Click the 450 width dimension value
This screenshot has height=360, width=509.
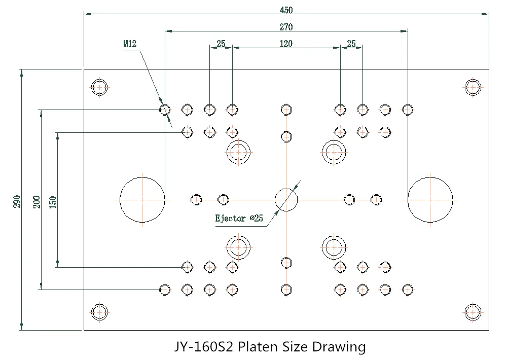286,10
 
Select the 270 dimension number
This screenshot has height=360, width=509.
286,27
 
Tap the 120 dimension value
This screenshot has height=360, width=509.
286,44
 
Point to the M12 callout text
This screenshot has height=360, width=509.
130,44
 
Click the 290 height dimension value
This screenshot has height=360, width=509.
17,202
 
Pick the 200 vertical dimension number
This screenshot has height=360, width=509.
37,202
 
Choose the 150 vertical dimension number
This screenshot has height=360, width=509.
53,202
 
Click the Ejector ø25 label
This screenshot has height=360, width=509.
239,218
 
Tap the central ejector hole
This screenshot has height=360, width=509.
286,200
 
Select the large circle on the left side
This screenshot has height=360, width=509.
142,200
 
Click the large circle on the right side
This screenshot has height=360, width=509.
430,200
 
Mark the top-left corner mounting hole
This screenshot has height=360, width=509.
99,87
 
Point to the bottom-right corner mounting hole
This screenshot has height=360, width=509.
472,313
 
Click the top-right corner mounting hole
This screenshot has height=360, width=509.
472,87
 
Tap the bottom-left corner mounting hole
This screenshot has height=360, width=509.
99,313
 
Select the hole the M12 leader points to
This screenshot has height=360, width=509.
165,110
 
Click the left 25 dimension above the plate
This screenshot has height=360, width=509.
221,44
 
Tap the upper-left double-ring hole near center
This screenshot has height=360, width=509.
239,152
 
